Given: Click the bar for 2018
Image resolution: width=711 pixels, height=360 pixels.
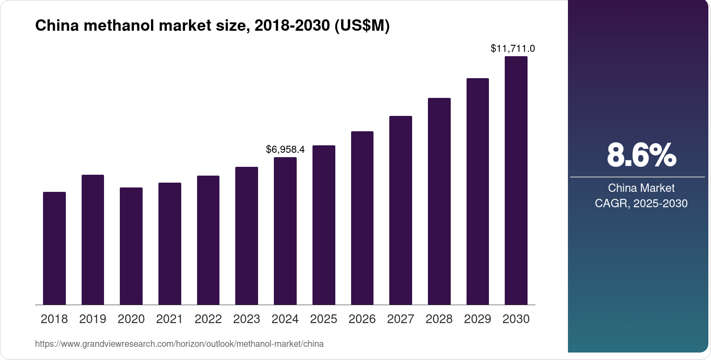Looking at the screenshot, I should point(54,248).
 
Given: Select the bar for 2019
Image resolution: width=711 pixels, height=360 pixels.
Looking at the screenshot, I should point(93,239).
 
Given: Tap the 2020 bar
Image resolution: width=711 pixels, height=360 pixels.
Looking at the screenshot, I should point(131,246).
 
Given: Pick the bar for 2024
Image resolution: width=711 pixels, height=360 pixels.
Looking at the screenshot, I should point(285,230).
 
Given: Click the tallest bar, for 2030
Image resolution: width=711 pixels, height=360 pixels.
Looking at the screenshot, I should point(516,180).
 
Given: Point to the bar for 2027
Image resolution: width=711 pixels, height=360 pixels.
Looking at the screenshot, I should point(401,210).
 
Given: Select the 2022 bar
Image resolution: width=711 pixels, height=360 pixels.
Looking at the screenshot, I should point(208,240).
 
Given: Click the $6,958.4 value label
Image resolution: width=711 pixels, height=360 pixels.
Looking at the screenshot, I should point(285,150).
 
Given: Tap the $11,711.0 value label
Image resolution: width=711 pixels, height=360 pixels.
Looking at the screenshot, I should point(513,49).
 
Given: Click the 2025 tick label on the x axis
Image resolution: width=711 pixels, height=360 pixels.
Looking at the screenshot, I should point(323,319).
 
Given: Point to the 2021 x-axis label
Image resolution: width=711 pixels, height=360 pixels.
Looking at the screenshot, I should point(169,319).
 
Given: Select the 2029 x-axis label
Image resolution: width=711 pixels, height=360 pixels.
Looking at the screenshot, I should point(478,319).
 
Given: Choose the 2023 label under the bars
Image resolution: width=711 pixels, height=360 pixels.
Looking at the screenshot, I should point(247,319).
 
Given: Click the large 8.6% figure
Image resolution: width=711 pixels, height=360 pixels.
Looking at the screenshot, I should point(641,155).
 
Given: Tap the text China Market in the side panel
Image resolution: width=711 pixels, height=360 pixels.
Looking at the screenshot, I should point(641,188).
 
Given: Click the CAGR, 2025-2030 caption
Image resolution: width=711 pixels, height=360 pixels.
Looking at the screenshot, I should point(641,203).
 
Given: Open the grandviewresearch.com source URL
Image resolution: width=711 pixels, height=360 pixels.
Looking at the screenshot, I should point(179,344).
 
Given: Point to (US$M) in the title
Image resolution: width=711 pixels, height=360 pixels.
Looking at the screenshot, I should point(362,26).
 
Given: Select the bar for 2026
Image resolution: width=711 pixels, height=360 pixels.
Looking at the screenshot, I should point(362,218).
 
